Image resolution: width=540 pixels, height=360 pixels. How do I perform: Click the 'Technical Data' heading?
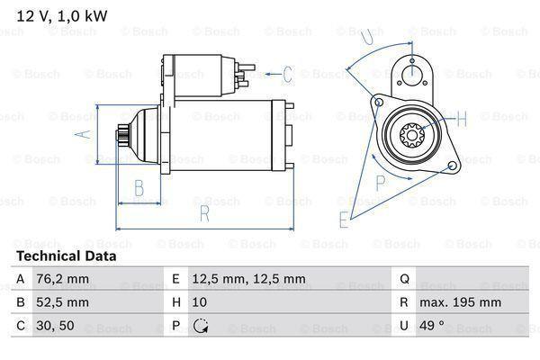click(66, 256)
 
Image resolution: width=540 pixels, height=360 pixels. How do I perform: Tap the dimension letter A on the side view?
click(80, 135)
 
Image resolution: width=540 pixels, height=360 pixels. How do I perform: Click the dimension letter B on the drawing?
click(139, 188)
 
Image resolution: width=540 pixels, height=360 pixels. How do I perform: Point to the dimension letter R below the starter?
click(204, 214)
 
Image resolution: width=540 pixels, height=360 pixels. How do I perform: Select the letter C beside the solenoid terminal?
click(288, 74)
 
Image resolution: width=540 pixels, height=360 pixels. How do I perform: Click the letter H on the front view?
click(461, 119)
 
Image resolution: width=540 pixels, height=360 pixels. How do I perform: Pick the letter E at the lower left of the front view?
click(344, 219)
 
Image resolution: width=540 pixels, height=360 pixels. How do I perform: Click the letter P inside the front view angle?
click(381, 181)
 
